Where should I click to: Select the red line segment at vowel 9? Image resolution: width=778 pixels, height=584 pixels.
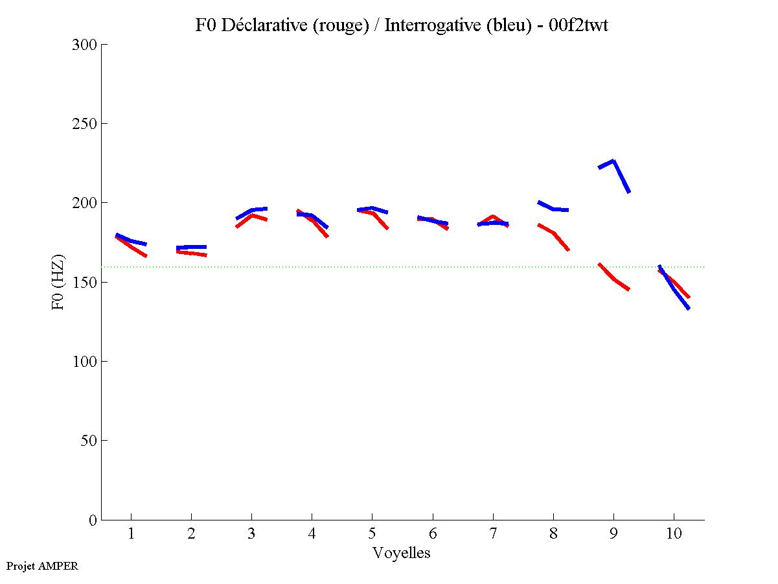coord(613,278)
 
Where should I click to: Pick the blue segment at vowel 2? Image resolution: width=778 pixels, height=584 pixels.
coord(191,247)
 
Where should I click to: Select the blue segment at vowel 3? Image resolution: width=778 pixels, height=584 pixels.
coord(252,210)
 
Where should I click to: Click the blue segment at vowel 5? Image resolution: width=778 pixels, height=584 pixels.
coord(372,209)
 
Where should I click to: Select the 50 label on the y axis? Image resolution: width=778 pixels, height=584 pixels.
coord(89,441)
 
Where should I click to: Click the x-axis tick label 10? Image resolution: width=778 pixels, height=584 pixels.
coord(674,535)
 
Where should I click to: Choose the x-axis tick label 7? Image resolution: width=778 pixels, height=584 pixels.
coord(493,535)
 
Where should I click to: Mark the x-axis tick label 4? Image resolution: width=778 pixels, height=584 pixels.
coord(312,535)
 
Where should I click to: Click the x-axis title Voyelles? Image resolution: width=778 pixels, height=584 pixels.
coord(401,553)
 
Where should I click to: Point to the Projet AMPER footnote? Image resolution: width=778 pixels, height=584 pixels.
coord(42,566)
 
